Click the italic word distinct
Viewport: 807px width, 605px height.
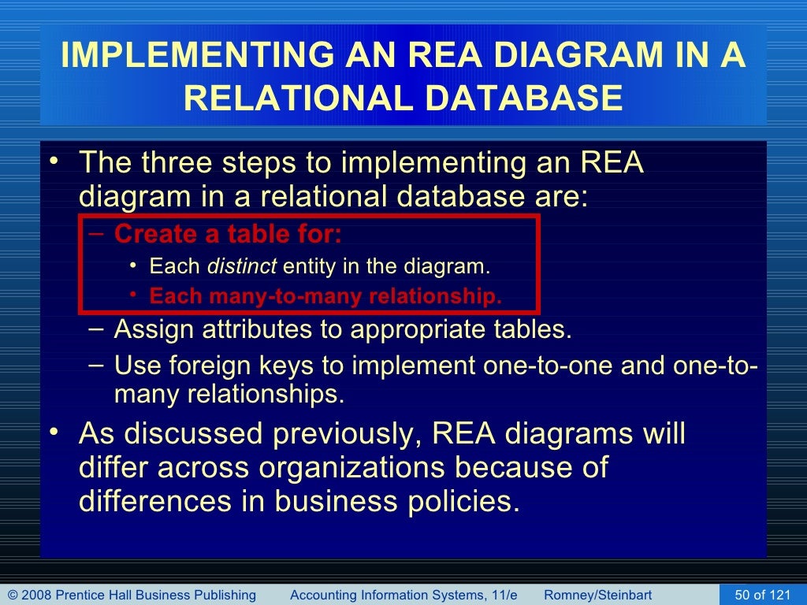point(241,267)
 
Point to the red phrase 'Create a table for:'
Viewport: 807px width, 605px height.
point(229,235)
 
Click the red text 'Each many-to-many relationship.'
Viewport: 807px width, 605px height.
point(325,297)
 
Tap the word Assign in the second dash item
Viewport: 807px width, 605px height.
point(154,329)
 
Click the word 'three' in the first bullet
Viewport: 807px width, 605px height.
point(177,164)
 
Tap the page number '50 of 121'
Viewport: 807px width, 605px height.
point(762,595)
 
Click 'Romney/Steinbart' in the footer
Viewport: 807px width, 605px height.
point(597,595)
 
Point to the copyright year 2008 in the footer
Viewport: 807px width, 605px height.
point(35,595)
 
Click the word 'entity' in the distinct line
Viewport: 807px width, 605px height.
point(310,267)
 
